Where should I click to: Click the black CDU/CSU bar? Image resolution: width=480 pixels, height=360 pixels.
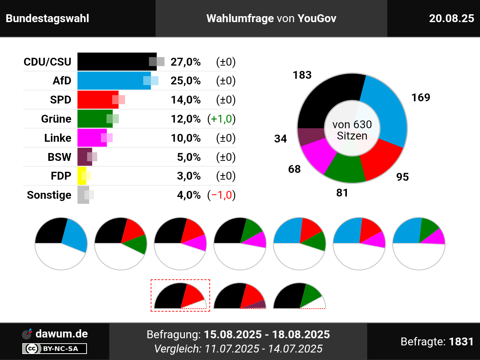[x=112, y=61]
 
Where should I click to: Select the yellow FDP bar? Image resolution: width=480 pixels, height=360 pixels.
[x=81, y=176]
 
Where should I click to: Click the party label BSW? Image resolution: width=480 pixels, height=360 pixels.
[x=59, y=157]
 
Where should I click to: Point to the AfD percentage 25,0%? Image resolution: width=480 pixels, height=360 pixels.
[x=186, y=81]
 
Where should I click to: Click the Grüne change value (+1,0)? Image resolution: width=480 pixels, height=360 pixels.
[x=221, y=119]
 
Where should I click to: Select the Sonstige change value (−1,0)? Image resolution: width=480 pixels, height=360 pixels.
[x=221, y=195]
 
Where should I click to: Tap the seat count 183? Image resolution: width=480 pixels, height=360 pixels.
[x=302, y=75]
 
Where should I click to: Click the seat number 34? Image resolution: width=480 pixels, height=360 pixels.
[x=280, y=139]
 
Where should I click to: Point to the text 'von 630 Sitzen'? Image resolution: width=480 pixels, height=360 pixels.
[x=352, y=130]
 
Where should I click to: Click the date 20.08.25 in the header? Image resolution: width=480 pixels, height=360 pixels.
[x=451, y=18]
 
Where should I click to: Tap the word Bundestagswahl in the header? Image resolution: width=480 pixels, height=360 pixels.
[x=48, y=18]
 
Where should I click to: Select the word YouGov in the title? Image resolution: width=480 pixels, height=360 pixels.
[x=317, y=18]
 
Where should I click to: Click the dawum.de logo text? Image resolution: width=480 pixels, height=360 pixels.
[x=61, y=333]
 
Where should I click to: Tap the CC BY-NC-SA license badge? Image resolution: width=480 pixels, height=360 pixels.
[x=55, y=349]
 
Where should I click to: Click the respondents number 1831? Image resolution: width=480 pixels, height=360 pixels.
[x=461, y=342]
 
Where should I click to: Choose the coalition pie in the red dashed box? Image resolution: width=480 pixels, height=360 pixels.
[x=180, y=296]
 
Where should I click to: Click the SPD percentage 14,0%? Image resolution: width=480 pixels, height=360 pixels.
[x=186, y=100]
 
